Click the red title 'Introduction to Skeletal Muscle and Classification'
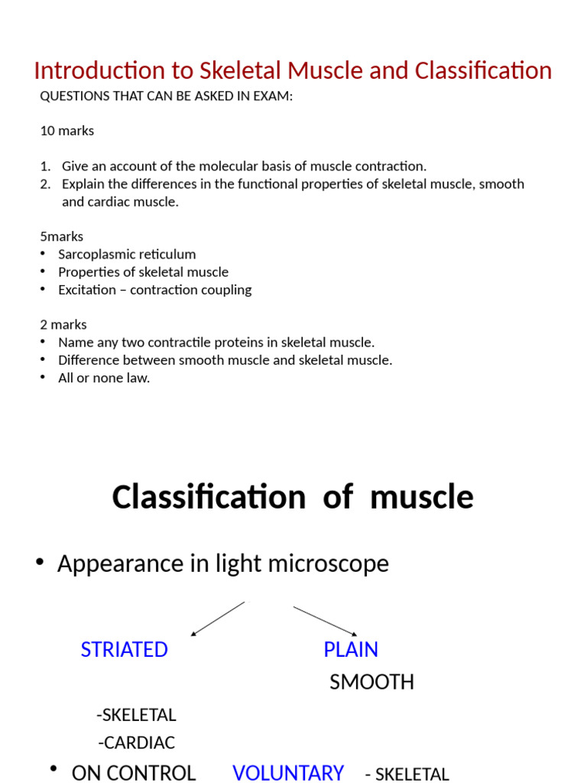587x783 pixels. coord(293,71)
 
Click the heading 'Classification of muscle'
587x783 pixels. coord(293,498)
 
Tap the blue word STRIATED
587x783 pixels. coord(124,650)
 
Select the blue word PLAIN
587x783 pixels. coord(351,650)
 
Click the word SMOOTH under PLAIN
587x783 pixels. coord(371,682)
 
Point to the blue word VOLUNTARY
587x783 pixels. coord(288,773)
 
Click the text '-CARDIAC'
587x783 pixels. coord(137,742)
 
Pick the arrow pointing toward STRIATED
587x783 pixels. coord(217,619)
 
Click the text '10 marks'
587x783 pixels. coord(67,131)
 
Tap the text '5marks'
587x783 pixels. coord(62,236)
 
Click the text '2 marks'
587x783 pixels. coord(63,325)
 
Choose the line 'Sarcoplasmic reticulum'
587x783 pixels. coord(127,255)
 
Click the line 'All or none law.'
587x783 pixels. coord(104,378)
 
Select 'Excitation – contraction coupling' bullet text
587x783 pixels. coord(154,290)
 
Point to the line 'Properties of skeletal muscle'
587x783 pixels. coord(143,272)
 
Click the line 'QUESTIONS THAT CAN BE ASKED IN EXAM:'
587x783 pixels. coord(167,96)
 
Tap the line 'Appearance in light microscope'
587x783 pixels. coord(222,564)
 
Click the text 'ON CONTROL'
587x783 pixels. coord(134,773)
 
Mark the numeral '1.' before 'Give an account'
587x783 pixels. coord(46,166)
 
